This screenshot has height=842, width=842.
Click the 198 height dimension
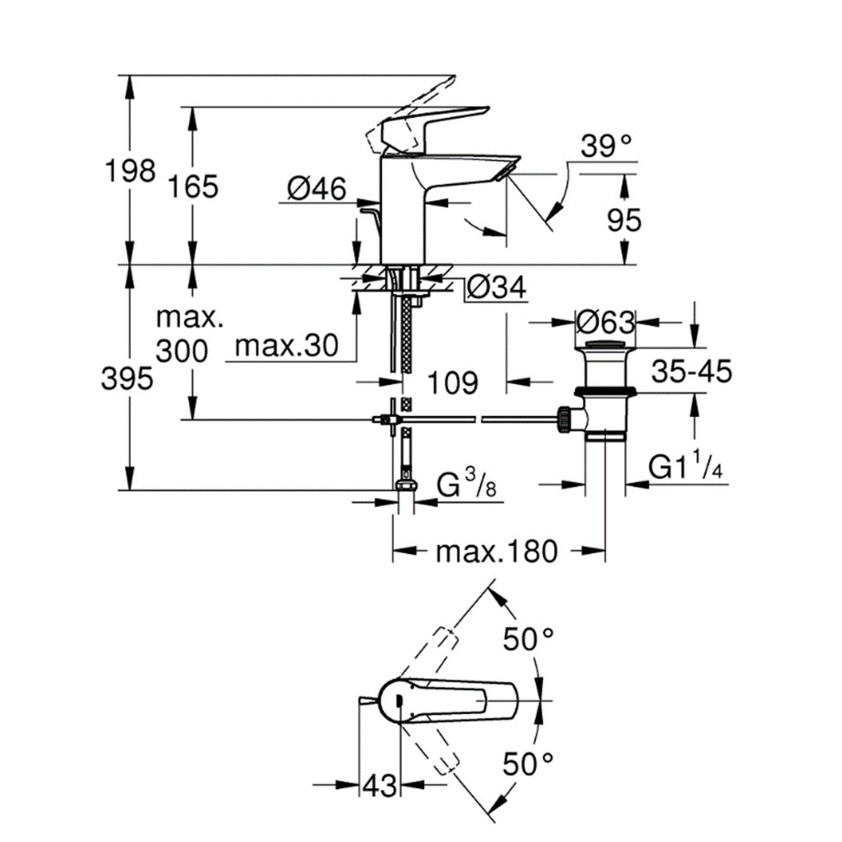131,171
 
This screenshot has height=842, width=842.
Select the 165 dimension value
193,187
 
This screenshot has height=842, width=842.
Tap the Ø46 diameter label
317,188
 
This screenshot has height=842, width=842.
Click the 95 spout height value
624,220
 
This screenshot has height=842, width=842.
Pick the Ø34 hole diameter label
496,287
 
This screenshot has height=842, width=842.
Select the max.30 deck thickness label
287,346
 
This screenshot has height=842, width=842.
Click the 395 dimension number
127,378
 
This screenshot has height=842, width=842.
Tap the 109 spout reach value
453,383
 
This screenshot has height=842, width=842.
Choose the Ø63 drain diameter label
606,323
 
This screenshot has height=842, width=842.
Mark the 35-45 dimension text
692,371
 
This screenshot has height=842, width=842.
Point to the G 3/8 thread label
466,483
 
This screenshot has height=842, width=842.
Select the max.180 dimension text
496,551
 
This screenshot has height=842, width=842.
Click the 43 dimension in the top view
379,786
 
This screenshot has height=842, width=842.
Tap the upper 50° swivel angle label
528,639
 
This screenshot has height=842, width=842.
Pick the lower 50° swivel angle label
528,763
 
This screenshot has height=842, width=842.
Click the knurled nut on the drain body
563,420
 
